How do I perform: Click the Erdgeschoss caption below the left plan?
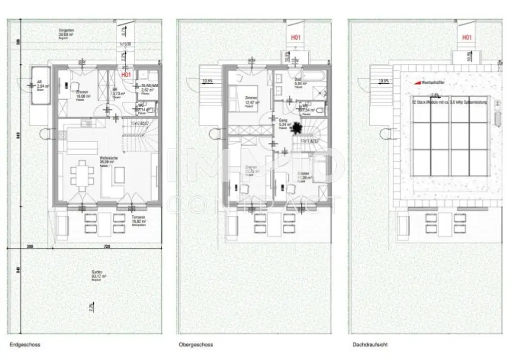point(25,345)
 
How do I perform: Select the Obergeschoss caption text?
point(196,345)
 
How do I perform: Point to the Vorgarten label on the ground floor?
point(66,31)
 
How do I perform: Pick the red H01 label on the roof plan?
point(467,37)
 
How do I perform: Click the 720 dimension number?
point(106,247)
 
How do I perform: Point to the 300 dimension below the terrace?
point(29,247)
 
